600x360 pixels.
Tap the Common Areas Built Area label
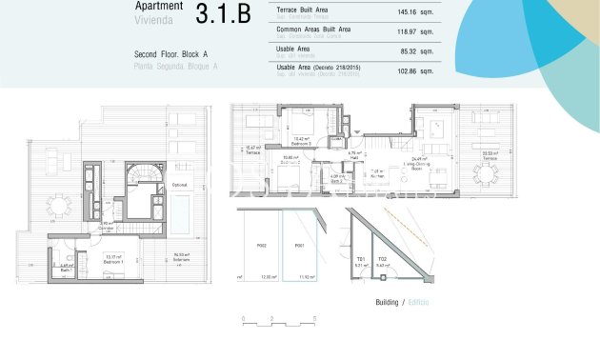pos(313,30)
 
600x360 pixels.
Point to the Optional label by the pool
pos(179,184)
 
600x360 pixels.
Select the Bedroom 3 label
pos(303,142)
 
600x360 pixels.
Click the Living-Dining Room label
pos(418,163)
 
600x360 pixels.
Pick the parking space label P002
pos(260,246)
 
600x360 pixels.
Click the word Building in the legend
pos(387,301)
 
